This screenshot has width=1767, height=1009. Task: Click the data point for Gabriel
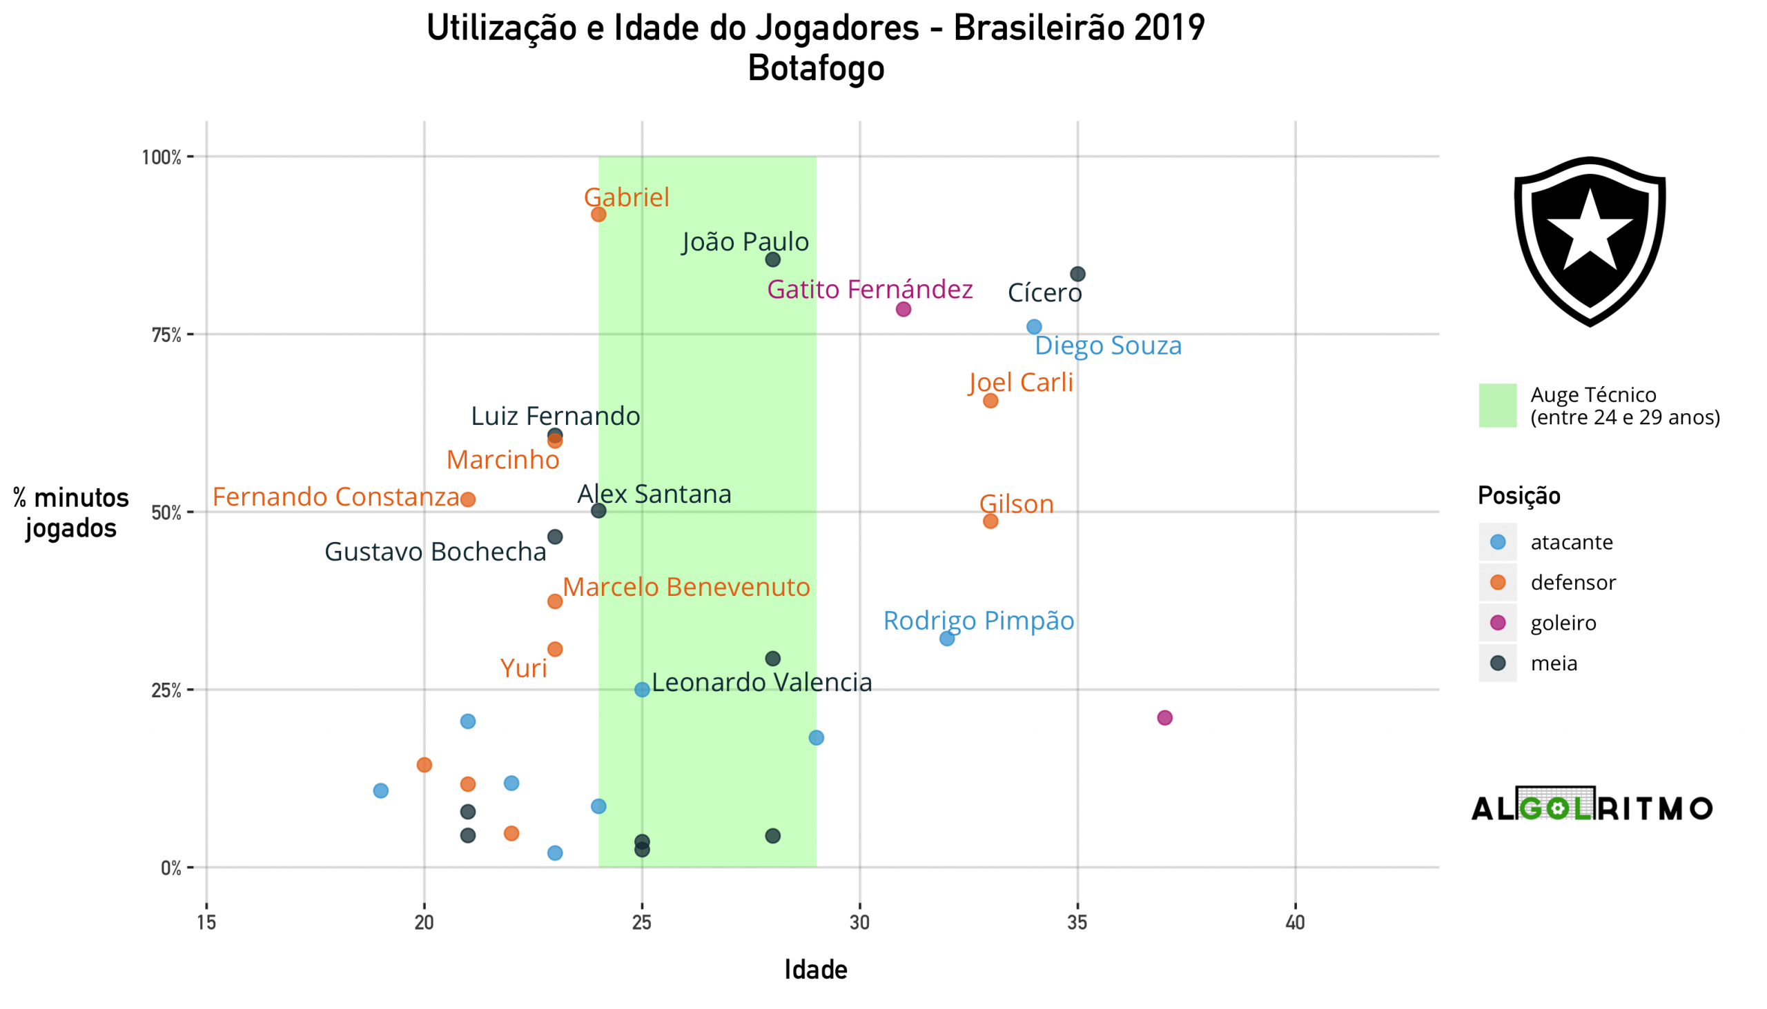tap(598, 214)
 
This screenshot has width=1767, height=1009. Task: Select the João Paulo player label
tap(745, 242)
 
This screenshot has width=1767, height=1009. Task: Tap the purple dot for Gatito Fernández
tap(903, 309)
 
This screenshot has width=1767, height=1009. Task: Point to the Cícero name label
tap(1044, 293)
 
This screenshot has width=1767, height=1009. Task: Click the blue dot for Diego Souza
tap(1034, 327)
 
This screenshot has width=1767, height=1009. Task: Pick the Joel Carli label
tap(1021, 383)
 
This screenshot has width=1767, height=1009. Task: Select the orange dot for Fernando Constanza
tap(468, 499)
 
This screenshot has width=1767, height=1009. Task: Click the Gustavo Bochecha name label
tap(436, 552)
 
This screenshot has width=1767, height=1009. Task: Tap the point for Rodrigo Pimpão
tap(946, 639)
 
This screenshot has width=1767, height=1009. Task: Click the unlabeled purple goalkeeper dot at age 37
tap(1165, 718)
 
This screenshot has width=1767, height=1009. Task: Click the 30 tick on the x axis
tap(860, 923)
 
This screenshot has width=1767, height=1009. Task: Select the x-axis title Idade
tap(816, 970)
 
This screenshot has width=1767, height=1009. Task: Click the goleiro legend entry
tap(1563, 623)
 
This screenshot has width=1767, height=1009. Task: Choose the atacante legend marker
tap(1498, 543)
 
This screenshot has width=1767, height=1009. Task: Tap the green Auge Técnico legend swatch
tap(1498, 406)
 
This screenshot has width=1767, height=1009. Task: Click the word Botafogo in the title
tap(816, 68)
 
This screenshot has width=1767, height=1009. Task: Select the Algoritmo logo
tap(1592, 806)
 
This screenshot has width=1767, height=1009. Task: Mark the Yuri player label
tap(524, 669)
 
